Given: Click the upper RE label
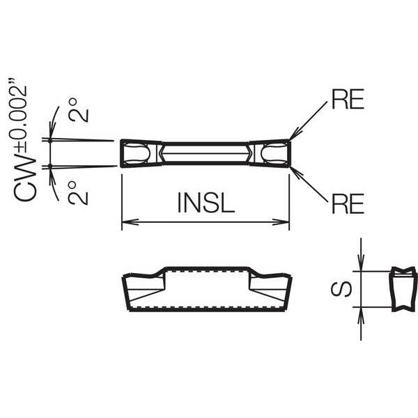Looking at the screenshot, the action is tap(348, 99).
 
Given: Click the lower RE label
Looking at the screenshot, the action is tap(348, 203).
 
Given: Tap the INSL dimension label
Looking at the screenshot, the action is tap(206, 203).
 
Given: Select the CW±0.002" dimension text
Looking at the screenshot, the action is tap(24, 140).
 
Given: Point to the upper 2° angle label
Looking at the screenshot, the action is tap(78, 110).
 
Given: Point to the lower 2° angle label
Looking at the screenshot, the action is tap(78, 193).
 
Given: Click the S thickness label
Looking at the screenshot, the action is tap(341, 289).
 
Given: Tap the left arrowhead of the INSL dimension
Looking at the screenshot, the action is tap(130, 222).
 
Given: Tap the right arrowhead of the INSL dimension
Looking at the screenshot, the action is tap(281, 222).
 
